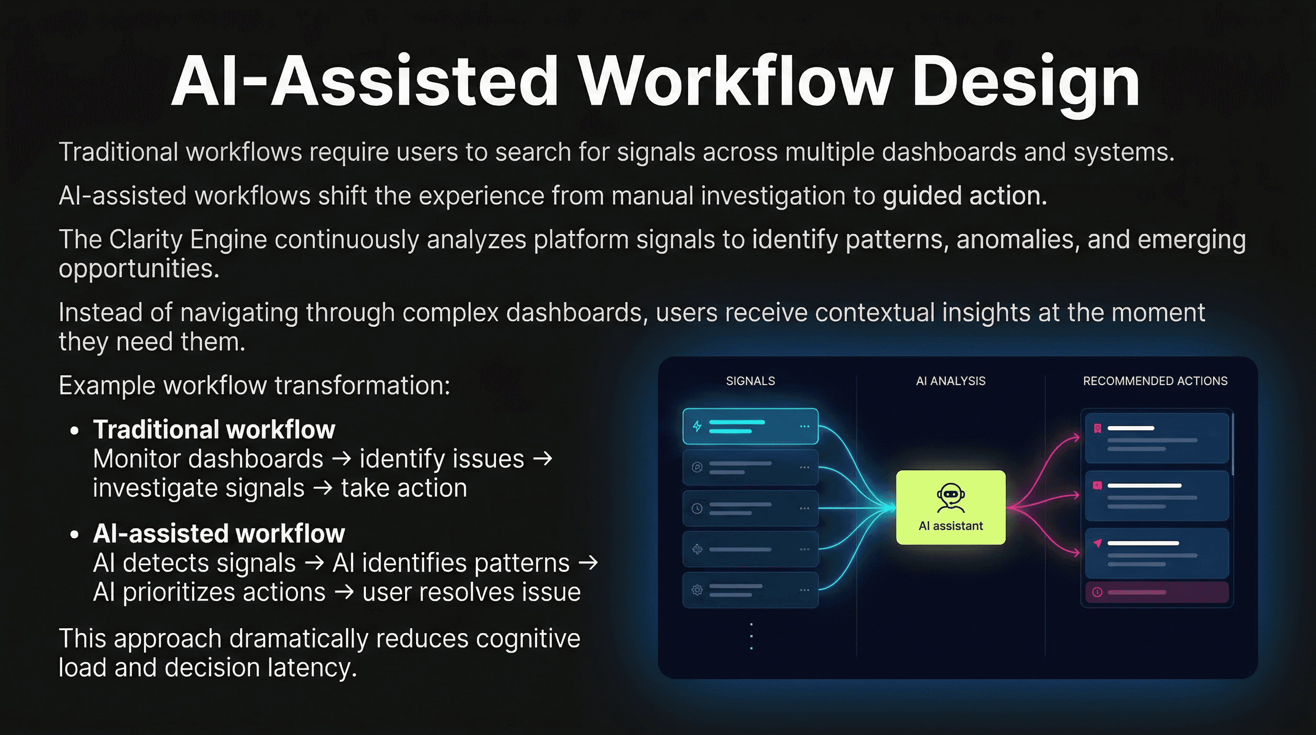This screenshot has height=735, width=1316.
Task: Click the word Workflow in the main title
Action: pos(735,82)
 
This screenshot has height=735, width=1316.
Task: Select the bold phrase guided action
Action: pos(965,196)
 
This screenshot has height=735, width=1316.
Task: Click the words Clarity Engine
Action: pos(187,239)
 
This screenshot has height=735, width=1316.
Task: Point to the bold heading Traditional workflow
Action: pos(214,429)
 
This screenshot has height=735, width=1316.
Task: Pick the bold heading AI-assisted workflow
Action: pos(219,534)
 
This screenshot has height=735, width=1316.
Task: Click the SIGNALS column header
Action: pos(750,381)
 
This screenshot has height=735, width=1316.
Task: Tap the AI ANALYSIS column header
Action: pos(950,381)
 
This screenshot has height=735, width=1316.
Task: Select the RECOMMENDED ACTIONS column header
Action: pos(1154,381)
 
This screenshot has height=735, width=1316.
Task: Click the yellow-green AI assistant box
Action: pos(950,507)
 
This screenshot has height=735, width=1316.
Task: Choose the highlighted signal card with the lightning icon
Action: pos(750,426)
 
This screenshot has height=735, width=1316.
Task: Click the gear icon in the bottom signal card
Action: pos(697,590)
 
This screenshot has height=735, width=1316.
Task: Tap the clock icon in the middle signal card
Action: pos(697,508)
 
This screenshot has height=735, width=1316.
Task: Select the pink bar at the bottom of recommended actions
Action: pos(1157,592)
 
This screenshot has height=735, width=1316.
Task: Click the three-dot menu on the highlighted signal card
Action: pos(805,426)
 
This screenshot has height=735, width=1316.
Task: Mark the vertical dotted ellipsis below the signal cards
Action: pos(751,636)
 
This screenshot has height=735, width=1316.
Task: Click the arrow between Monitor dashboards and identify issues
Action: pos(341,458)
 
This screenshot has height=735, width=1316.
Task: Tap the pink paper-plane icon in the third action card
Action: pos(1097,543)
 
